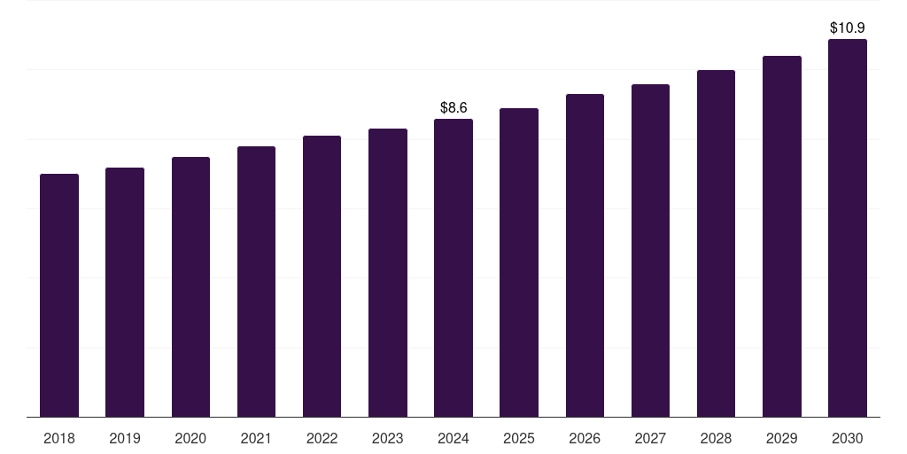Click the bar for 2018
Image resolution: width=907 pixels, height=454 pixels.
(59, 295)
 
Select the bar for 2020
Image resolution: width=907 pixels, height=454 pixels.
(190, 286)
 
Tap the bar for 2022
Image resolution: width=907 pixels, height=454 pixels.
(322, 276)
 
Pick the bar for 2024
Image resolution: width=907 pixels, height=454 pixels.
(453, 268)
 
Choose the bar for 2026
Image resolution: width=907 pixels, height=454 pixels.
(585, 255)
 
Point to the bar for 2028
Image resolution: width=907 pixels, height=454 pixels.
(716, 243)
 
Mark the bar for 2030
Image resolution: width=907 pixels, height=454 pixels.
(848, 228)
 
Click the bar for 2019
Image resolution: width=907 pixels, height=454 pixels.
(125, 292)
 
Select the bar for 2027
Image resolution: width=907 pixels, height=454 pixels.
(650, 250)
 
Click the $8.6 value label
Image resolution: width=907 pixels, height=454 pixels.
(453, 107)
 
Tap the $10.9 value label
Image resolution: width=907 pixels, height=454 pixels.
(848, 27)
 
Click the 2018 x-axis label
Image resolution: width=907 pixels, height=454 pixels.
(59, 438)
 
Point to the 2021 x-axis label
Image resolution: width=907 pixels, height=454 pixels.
(256, 438)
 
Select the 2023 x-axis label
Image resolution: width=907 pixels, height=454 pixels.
(388, 438)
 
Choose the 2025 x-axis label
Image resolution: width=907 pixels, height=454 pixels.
(519, 438)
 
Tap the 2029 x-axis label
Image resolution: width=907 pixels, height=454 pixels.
(782, 438)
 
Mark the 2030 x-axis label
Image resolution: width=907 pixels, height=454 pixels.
(848, 438)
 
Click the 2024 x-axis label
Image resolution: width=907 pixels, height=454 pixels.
(453, 438)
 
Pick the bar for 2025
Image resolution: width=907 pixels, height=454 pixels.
(519, 262)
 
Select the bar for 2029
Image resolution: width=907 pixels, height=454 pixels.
(782, 236)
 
